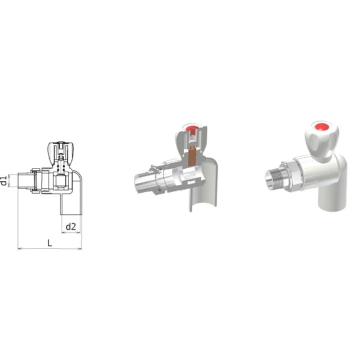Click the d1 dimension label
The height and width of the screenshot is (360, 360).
[4, 181]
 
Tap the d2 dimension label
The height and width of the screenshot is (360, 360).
[71, 227]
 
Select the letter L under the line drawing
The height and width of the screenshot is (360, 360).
[50, 243]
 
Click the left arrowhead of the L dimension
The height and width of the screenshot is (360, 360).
[19, 248]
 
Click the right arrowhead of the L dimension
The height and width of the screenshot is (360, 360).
[80, 248]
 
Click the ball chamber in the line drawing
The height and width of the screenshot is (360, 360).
[61, 182]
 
